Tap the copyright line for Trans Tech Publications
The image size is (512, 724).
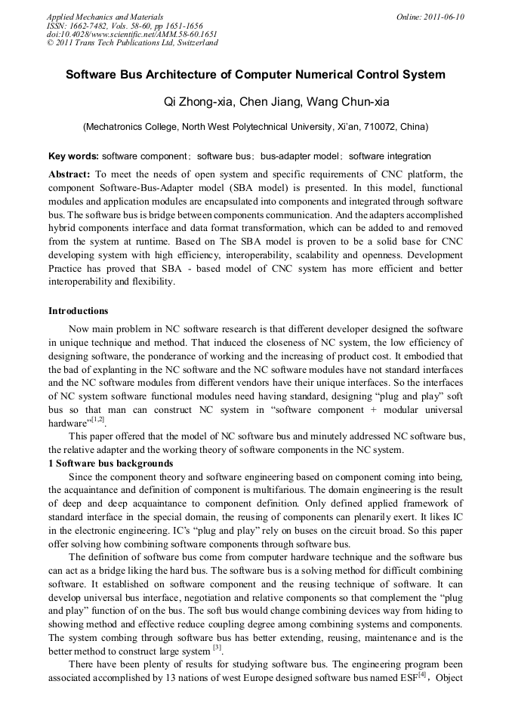132,43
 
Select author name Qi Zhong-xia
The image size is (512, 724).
196,102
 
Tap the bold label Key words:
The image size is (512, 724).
73,156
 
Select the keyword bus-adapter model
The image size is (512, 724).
300,156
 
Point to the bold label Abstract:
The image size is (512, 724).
69,174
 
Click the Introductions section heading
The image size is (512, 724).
78,310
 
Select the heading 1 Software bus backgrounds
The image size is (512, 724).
110,463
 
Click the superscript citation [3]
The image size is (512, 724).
217,646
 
